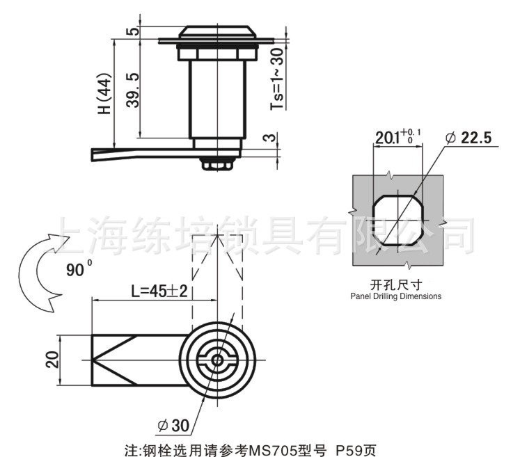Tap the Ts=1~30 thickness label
(277, 78)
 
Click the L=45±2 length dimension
(159, 291)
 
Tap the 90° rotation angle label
(77, 270)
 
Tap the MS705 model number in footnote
(272, 449)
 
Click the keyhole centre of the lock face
(218, 360)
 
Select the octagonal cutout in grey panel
(397, 222)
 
